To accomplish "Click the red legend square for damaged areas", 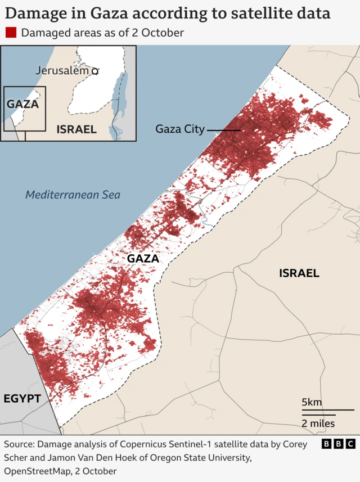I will (x=10, y=33).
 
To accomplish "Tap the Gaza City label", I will (x=180, y=129).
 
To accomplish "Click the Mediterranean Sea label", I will (x=73, y=195).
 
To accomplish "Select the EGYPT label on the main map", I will (x=22, y=399).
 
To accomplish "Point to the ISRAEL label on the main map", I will (x=299, y=273).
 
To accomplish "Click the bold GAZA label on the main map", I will (x=143, y=258).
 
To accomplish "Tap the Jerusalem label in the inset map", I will (x=62, y=70).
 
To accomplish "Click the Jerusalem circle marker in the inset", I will (x=95, y=71).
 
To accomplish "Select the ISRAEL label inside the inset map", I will (x=76, y=129).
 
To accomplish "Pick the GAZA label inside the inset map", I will (x=22, y=104).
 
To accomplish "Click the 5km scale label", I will (x=312, y=402).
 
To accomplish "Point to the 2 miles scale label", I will (x=318, y=423).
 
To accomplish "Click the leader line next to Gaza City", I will (x=224, y=130).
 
